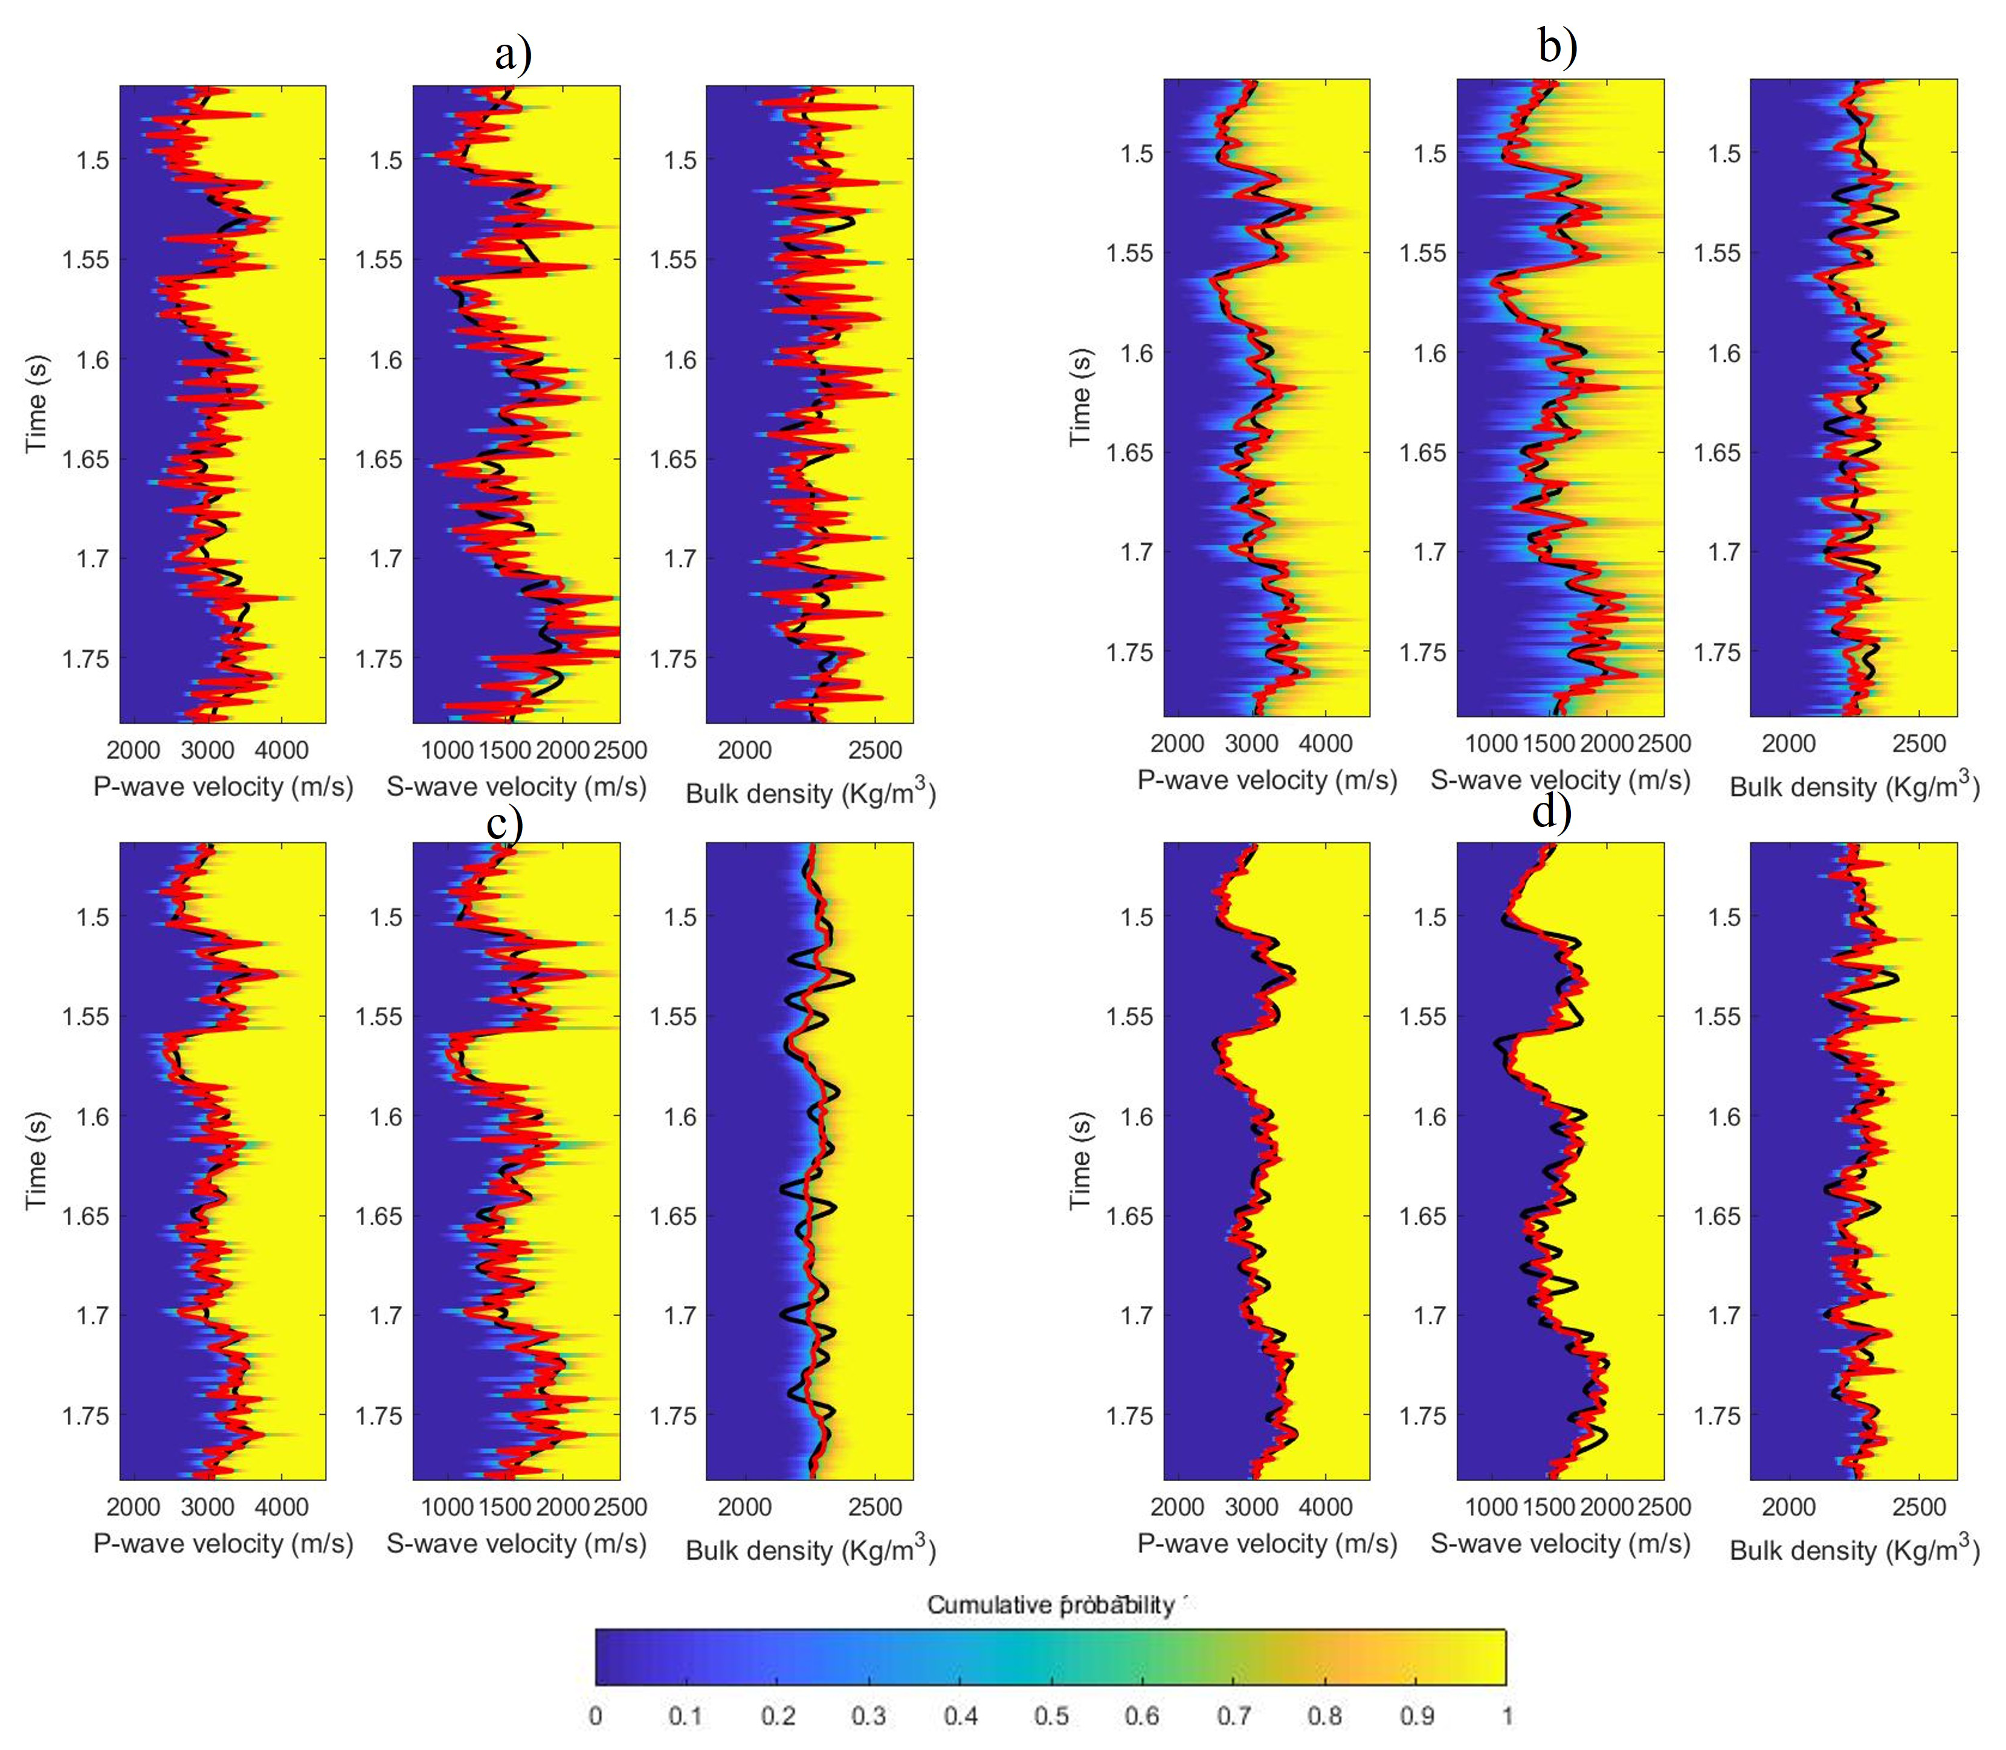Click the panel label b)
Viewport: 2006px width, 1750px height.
coord(1556,46)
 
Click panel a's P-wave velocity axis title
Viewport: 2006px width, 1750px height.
coord(223,787)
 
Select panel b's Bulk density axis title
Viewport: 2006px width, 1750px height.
coord(1854,786)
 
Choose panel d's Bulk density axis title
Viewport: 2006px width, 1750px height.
coord(1854,1550)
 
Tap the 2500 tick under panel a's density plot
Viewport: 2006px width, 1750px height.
coord(874,750)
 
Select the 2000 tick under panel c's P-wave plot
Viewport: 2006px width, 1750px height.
coord(134,1507)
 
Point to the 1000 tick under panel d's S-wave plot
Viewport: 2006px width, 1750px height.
coord(1491,1507)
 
